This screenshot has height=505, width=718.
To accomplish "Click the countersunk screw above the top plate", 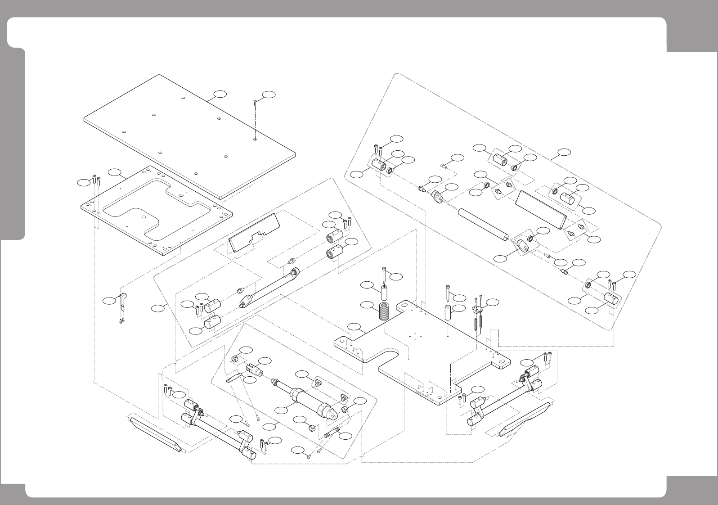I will point(255,102).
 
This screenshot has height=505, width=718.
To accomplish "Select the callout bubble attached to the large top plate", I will point(220,94).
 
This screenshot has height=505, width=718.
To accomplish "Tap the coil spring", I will point(384,311).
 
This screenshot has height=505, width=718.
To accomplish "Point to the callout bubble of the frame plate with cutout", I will point(114,172).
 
